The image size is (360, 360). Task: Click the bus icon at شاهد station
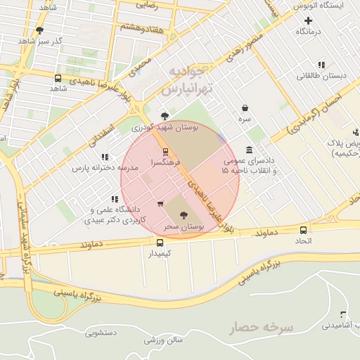click(57, 78)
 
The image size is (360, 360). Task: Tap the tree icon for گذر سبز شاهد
click(39, 31)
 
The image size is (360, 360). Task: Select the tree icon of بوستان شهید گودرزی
click(165, 115)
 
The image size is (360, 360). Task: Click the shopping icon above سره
click(245, 108)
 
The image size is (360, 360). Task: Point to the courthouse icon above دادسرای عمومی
click(250, 150)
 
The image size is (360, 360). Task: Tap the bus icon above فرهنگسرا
click(166, 151)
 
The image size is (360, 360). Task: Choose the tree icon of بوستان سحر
click(184, 215)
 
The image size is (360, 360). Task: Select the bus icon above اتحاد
click(303, 230)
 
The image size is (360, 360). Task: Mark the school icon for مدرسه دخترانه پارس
click(105, 157)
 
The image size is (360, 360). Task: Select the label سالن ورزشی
click(164, 340)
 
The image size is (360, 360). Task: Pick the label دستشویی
click(102, 333)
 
